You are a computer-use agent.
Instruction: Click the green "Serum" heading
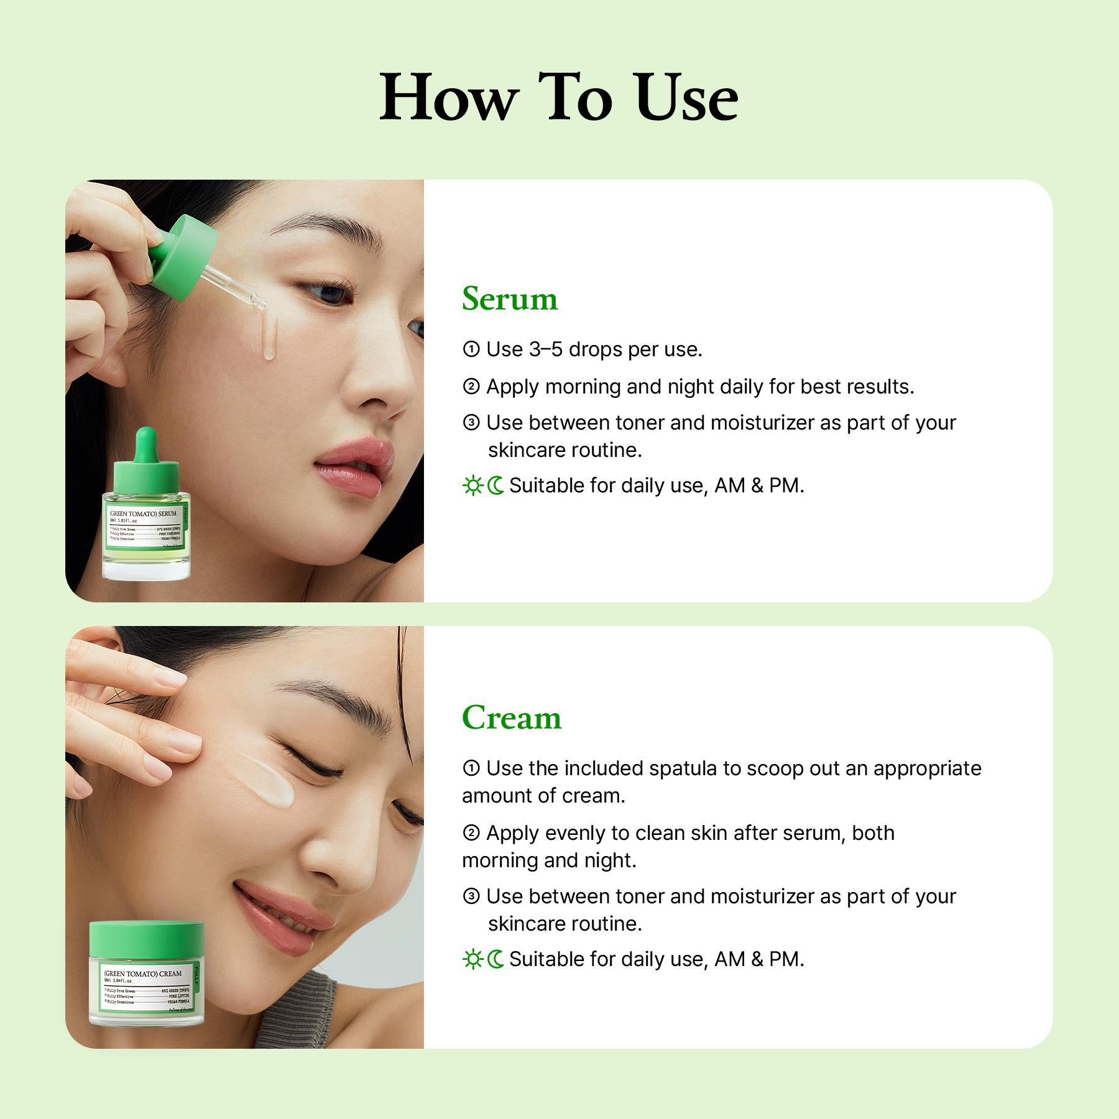pyautogui.click(x=509, y=299)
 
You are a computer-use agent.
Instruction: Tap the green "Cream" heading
pyautogui.click(x=511, y=718)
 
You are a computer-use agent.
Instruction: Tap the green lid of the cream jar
pyautogui.click(x=147, y=939)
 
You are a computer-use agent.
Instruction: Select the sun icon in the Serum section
pyautogui.click(x=472, y=486)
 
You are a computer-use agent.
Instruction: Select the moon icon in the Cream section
pyautogui.click(x=496, y=959)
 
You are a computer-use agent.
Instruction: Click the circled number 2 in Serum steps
pyautogui.click(x=471, y=387)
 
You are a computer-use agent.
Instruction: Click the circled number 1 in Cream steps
pyautogui.click(x=471, y=769)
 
